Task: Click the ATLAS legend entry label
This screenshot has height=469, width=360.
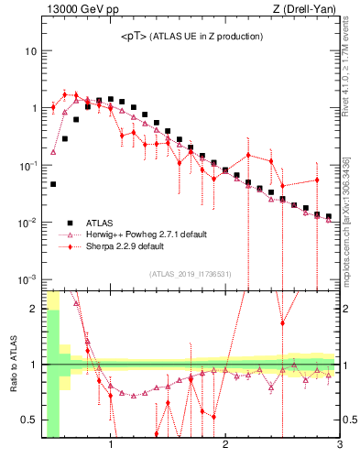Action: (x=99, y=222)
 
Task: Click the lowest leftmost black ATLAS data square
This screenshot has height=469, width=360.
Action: (x=53, y=184)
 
